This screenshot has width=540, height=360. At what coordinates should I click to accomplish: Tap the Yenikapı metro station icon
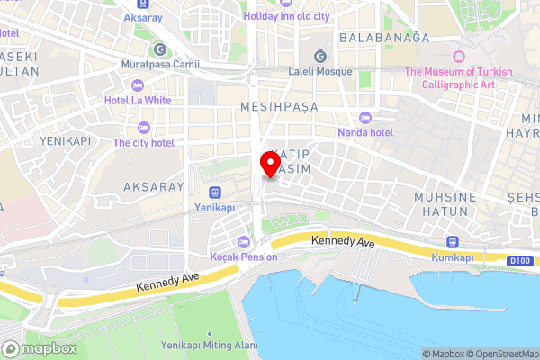(x=214, y=191)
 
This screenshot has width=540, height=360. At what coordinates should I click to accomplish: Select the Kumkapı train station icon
(x=451, y=241)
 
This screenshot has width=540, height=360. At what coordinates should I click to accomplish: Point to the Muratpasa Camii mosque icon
(x=160, y=49)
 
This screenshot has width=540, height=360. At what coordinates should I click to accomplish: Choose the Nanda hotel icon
(x=364, y=118)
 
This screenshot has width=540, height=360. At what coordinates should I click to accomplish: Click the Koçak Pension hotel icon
(x=244, y=241)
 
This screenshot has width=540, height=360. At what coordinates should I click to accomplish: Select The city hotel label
(x=143, y=142)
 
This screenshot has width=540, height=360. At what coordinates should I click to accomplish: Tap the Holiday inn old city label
(x=288, y=15)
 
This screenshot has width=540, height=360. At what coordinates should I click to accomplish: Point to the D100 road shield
(x=518, y=261)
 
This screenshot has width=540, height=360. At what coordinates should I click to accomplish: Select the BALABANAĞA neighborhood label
(x=385, y=38)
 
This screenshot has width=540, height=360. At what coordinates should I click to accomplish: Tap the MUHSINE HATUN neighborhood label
(x=441, y=202)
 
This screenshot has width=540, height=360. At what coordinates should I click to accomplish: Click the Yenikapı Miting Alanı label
(x=209, y=345)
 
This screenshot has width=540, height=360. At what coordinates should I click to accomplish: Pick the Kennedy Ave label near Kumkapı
(x=342, y=242)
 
